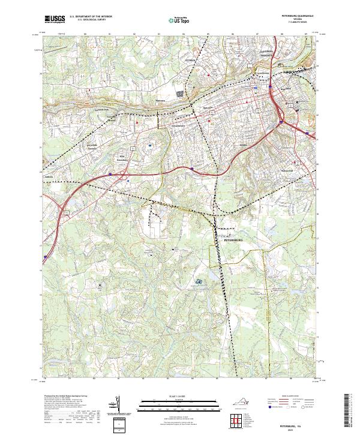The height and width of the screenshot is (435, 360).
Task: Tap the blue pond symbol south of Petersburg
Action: pyautogui.click(x=199, y=282)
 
